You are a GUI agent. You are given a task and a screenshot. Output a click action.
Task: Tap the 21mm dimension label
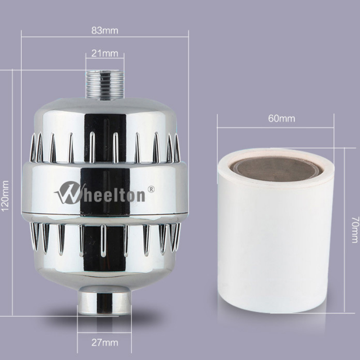pyautogui.click(x=104, y=53)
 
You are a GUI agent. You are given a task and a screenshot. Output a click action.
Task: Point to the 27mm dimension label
pyautogui.click(x=104, y=342)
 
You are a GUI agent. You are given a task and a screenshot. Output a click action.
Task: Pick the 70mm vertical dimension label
pyautogui.click(x=354, y=229)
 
